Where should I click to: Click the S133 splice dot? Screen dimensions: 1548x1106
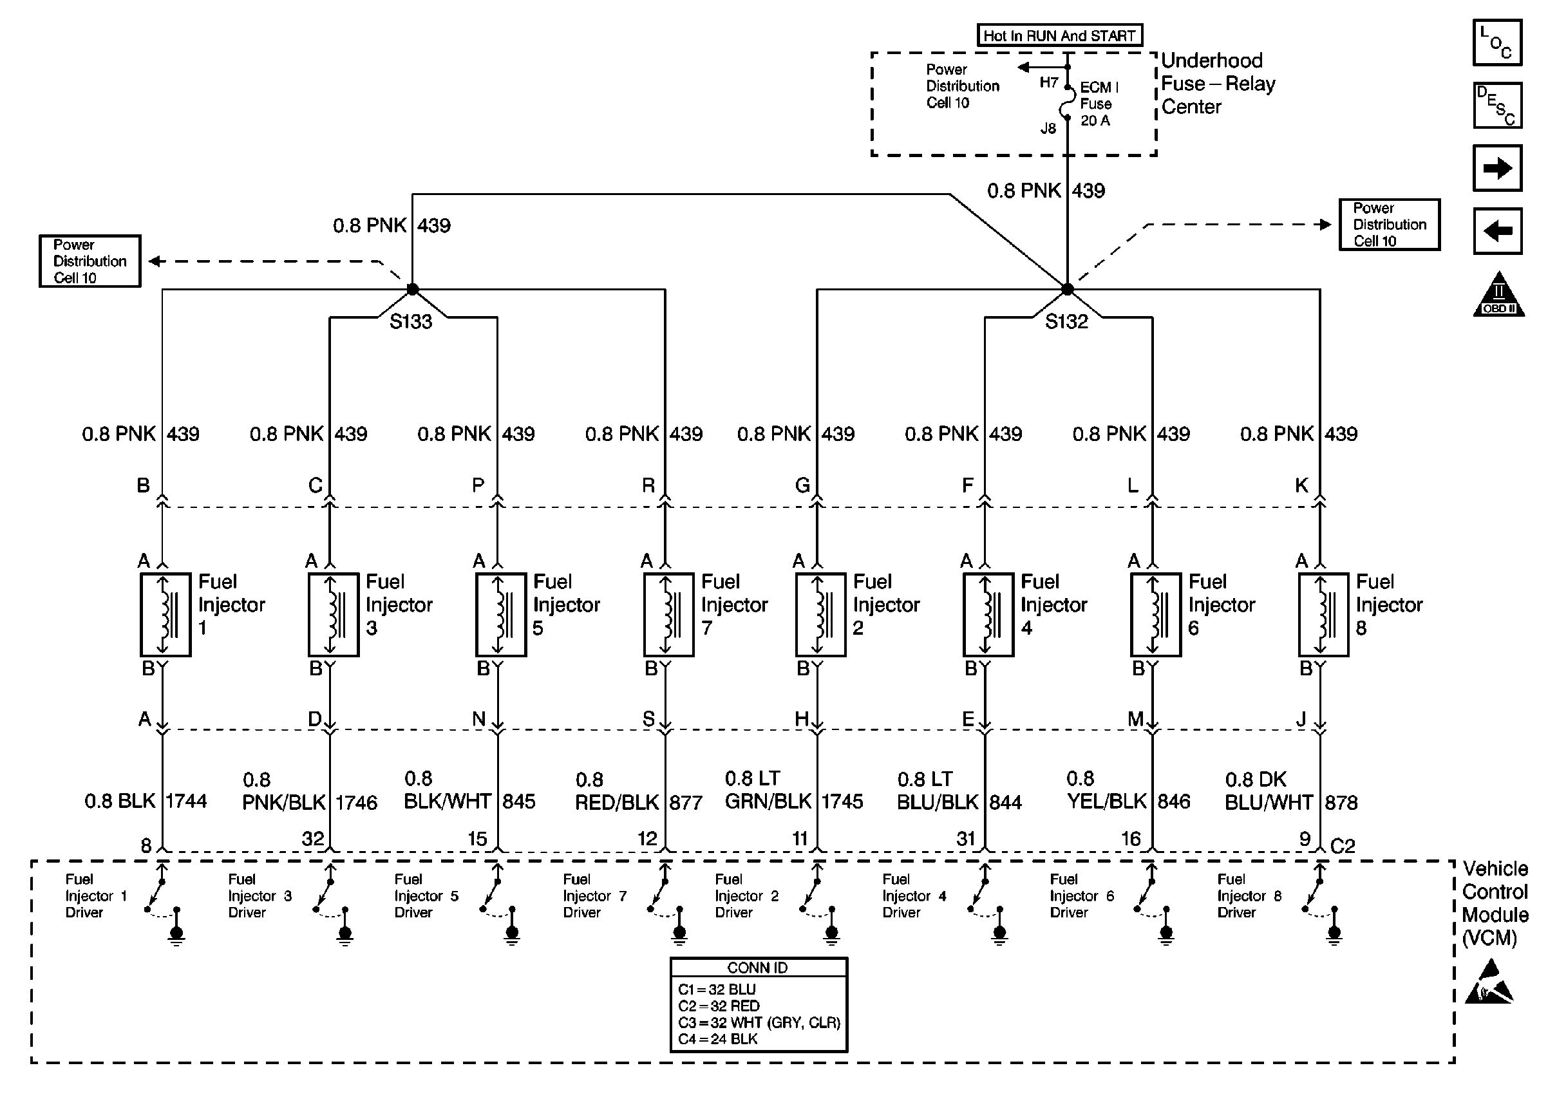[x=412, y=290]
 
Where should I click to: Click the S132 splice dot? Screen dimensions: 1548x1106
[x=1067, y=290]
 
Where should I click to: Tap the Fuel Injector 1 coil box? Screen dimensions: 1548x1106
[x=165, y=615]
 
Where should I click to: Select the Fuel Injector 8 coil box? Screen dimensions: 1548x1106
[x=1323, y=615]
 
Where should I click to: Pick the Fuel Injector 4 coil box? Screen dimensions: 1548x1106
[x=988, y=615]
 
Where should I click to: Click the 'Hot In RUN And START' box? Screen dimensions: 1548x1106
[x=1060, y=35]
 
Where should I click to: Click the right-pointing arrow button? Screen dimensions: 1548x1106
[x=1498, y=168]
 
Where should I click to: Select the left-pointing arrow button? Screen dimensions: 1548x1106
[x=1498, y=231]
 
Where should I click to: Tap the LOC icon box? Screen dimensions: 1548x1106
[x=1498, y=42]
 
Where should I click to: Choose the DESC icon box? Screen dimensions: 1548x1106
[x=1498, y=106]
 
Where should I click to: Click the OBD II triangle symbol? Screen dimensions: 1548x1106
[x=1498, y=294]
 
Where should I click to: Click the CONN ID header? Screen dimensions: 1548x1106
[x=758, y=968]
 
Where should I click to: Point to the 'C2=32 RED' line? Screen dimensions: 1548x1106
[x=719, y=1006]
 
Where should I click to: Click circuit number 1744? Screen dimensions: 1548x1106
[x=186, y=801]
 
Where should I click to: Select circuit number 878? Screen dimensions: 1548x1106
[x=1341, y=803]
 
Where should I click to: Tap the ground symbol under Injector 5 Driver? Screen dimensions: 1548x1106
[x=512, y=935]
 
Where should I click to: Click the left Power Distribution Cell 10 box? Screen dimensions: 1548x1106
[x=90, y=261]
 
